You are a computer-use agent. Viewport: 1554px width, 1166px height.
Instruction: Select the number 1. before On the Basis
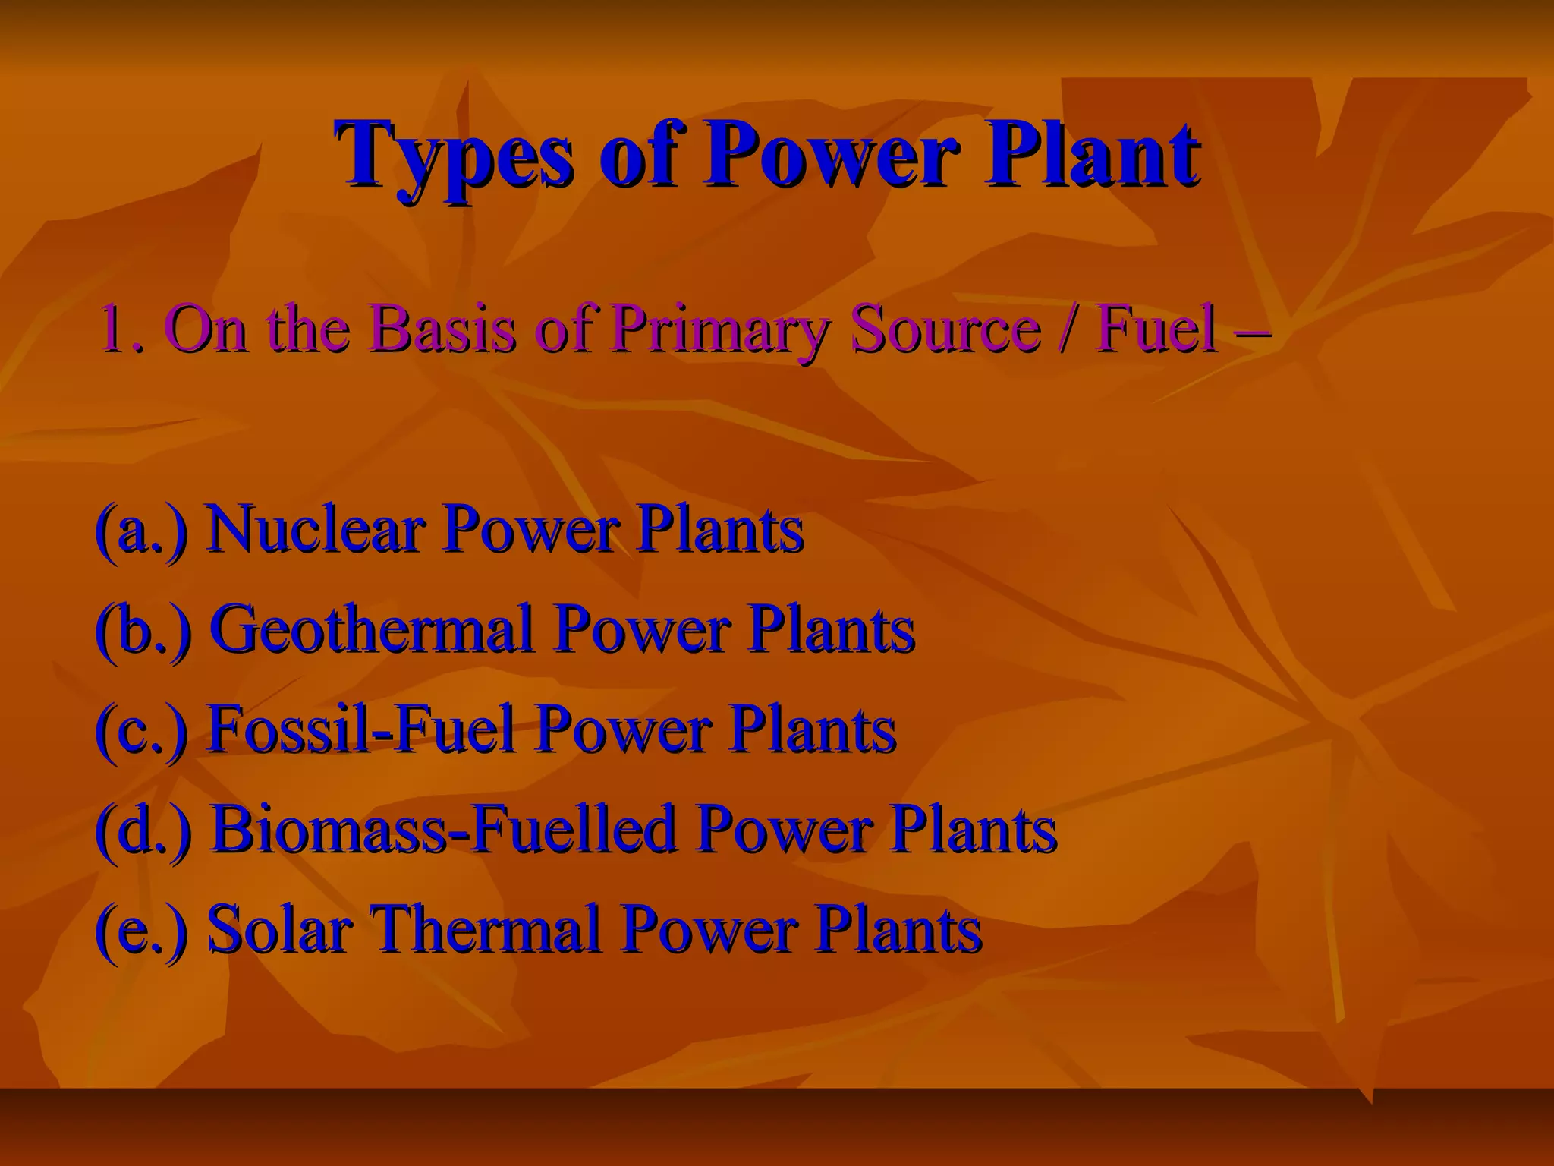point(121,329)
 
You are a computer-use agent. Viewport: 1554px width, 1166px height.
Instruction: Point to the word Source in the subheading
point(944,329)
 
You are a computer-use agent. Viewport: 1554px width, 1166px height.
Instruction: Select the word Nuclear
point(314,529)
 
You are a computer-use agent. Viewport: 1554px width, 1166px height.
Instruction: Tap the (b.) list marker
point(142,629)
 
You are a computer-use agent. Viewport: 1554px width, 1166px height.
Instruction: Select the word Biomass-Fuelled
point(443,829)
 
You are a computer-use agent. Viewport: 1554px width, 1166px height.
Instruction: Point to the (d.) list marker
point(142,829)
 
